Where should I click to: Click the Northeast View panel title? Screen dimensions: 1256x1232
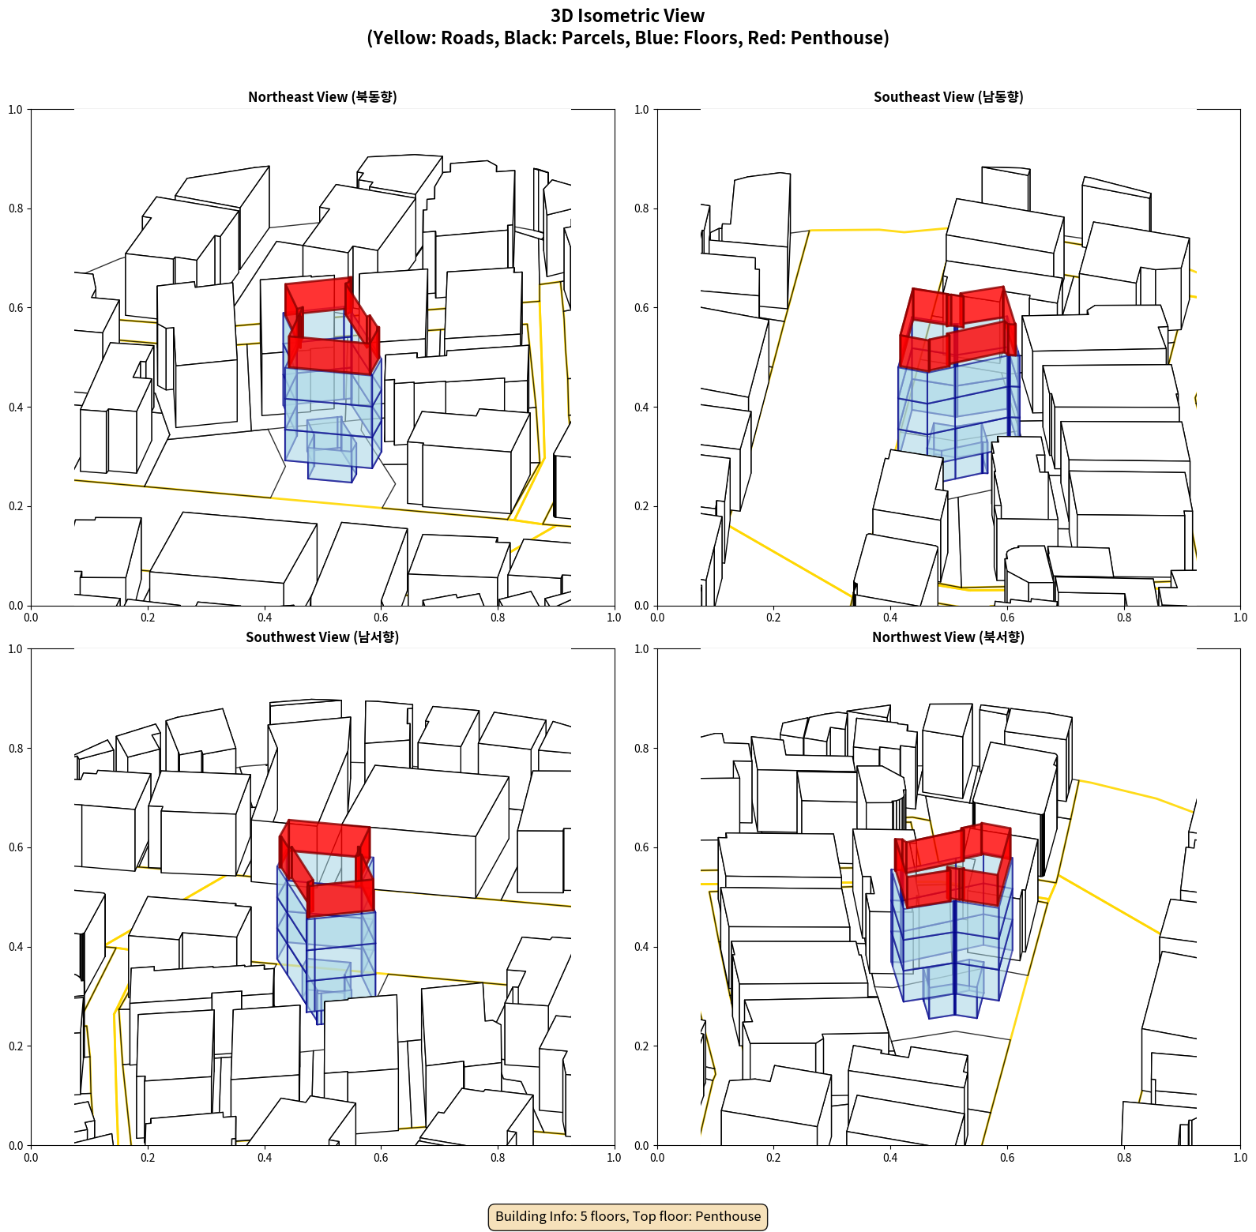(x=322, y=96)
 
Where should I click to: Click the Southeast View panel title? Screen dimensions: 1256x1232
(x=948, y=96)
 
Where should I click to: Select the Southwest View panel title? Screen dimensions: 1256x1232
(x=322, y=637)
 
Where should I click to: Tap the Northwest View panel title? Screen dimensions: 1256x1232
(x=948, y=637)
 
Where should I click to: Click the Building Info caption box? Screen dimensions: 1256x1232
(x=628, y=1216)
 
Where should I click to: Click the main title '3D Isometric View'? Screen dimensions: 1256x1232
(x=628, y=16)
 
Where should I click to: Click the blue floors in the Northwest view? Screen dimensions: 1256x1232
(x=952, y=956)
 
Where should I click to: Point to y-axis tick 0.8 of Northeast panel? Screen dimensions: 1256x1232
(x=15, y=208)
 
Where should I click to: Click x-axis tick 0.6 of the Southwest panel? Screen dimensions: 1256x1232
(x=381, y=1158)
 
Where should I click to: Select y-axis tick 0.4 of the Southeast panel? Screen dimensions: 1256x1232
(x=641, y=408)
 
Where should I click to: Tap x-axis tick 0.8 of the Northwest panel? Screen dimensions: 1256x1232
(x=1123, y=1158)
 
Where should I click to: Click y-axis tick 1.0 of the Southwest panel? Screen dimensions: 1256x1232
(x=15, y=649)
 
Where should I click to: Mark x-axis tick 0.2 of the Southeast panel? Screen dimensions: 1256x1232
(x=773, y=618)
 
